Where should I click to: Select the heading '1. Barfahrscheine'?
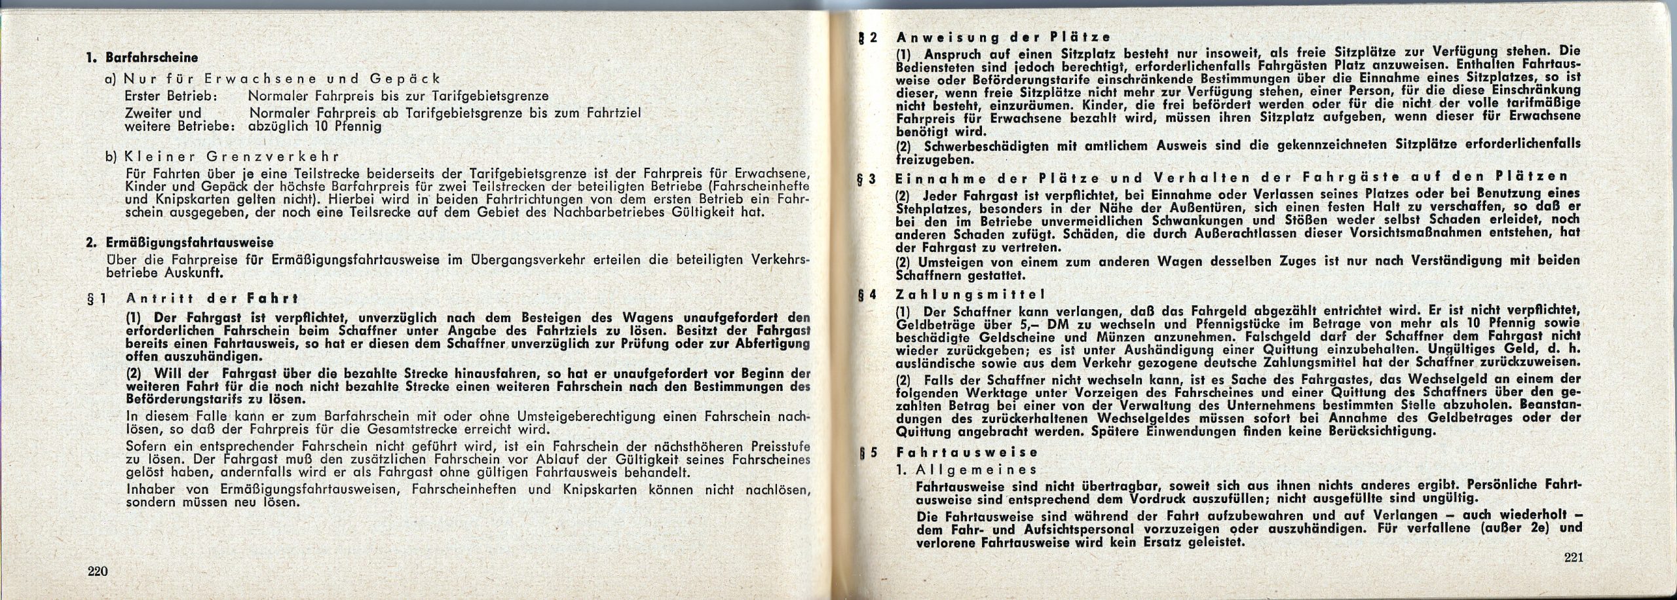(143, 58)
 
